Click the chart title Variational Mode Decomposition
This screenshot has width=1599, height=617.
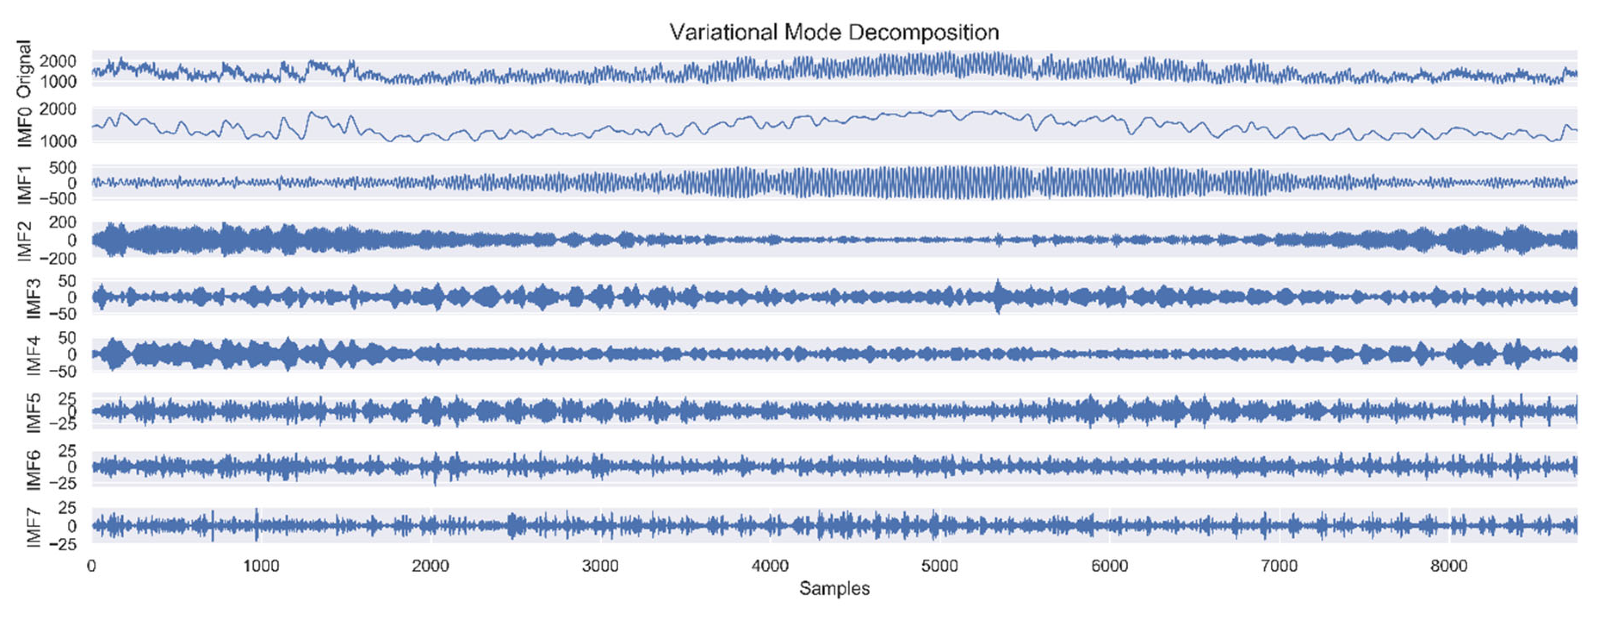coord(834,32)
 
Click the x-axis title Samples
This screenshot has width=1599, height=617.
coord(834,589)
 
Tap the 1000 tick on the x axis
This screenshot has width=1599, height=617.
coord(261,566)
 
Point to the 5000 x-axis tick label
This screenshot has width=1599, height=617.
coord(940,566)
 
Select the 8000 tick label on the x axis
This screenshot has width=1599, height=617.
coord(1449,566)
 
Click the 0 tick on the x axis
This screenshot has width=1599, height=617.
coord(92,566)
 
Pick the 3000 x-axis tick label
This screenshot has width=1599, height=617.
coord(600,566)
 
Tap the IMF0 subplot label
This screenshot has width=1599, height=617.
coord(25,126)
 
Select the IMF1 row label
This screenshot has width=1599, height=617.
coord(25,184)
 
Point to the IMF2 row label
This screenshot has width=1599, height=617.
coord(25,241)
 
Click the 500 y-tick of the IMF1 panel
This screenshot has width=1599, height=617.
coord(62,168)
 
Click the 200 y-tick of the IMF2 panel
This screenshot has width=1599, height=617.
coord(62,222)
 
